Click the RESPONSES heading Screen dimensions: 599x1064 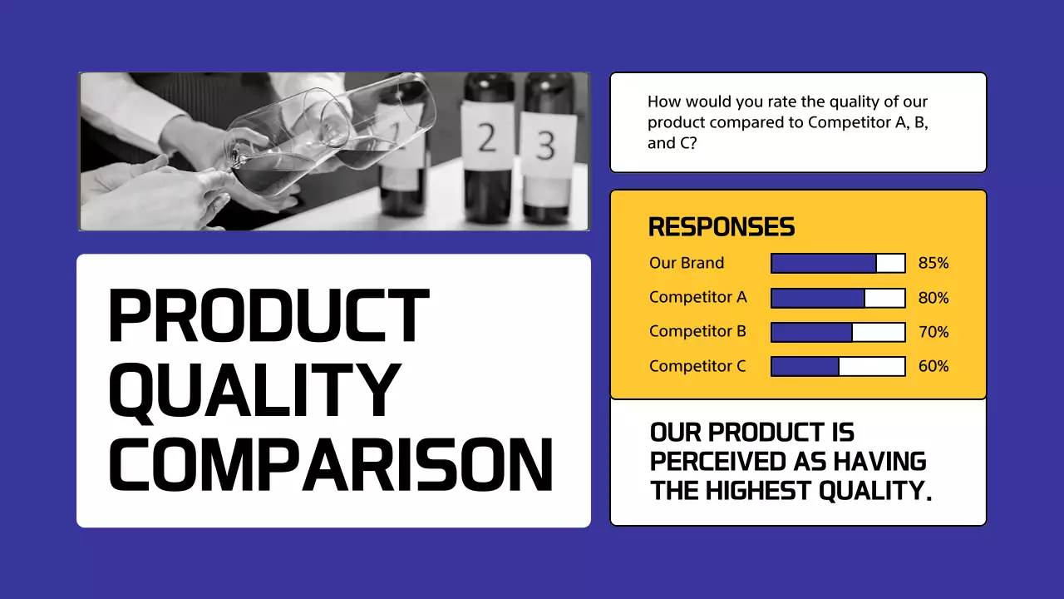point(721,226)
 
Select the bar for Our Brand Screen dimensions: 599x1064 point(838,263)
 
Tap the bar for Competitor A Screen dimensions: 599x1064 point(838,298)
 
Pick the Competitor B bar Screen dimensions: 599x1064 point(838,332)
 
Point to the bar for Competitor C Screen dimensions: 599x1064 point(838,366)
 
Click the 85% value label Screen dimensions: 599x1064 point(933,264)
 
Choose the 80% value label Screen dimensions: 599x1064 point(933,298)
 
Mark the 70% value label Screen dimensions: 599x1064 point(933,332)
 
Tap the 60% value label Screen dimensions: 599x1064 point(933,366)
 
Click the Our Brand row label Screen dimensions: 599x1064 point(687,263)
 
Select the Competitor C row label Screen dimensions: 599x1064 point(697,366)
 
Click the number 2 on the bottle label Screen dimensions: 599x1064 point(487,138)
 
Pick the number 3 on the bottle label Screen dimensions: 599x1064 point(545,145)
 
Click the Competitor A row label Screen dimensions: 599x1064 point(697,298)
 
